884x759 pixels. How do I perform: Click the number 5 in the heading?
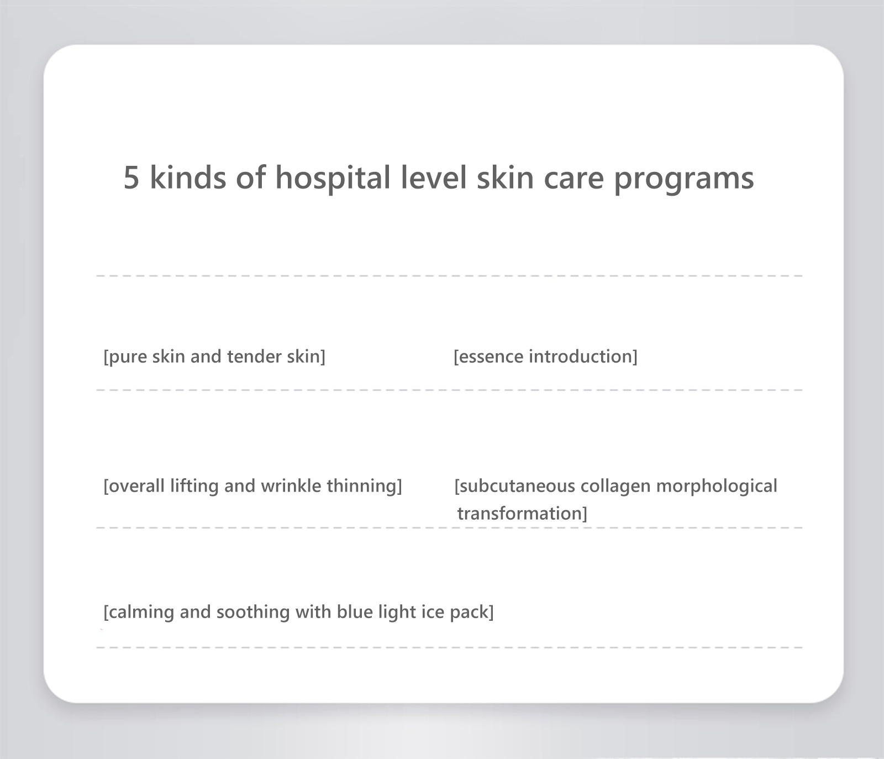tap(131, 178)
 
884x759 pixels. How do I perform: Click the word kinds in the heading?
tap(188, 177)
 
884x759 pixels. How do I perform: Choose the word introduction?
tap(581, 357)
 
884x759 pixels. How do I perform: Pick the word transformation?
tap(520, 514)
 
